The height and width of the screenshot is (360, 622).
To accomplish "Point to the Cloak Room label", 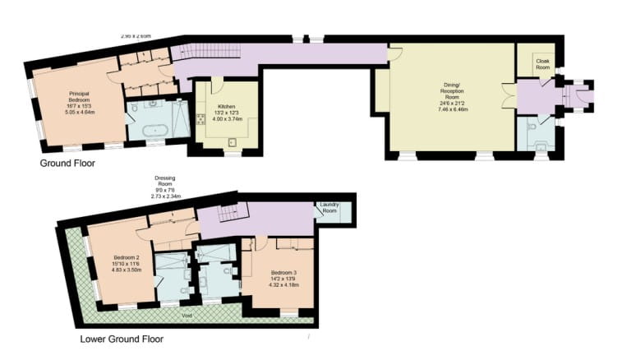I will pos(542,62).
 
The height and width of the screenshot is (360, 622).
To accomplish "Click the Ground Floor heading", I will pos(67,164).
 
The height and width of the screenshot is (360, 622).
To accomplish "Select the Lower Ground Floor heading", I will pos(122,339).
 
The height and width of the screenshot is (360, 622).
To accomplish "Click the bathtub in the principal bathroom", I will pos(154,130).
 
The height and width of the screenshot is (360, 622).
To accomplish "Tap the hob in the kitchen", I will pos(200,118).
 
